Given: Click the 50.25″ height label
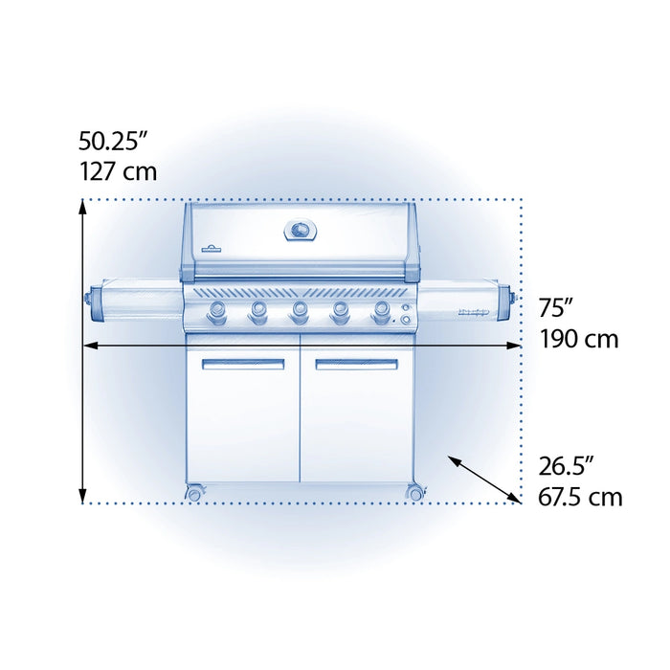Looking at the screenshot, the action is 113,141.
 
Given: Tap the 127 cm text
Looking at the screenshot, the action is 119,171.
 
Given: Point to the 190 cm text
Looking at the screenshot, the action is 579,339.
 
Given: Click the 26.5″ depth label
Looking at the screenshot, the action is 567,466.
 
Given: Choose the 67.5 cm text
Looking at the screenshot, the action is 580,497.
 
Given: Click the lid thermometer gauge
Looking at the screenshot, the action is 301,231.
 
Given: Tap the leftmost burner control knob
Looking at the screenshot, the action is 217,313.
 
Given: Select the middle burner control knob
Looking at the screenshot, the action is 299,313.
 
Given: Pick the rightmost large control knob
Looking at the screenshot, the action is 381,313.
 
